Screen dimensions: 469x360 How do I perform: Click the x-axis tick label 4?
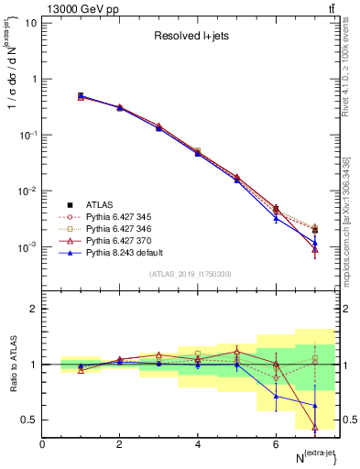click(x=198, y=444)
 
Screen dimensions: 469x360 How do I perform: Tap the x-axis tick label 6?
click(x=276, y=444)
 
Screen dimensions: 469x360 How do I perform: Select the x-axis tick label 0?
click(x=43, y=444)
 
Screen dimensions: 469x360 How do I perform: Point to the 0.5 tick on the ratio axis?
click(x=29, y=420)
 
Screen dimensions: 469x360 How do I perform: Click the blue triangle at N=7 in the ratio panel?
click(x=315, y=405)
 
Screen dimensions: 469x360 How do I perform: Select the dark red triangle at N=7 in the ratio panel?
click(x=315, y=426)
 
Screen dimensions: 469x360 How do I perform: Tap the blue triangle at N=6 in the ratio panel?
click(x=276, y=396)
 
